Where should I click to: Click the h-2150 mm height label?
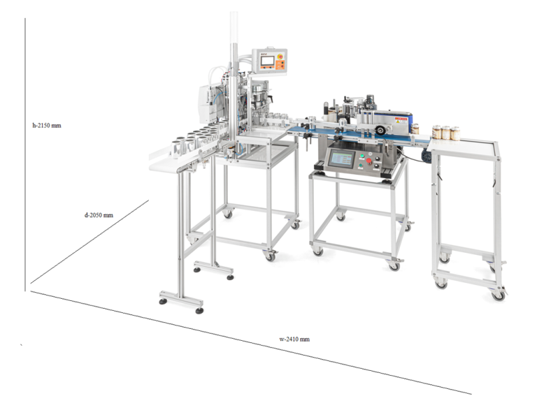(x=47, y=126)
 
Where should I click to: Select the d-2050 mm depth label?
(x=99, y=215)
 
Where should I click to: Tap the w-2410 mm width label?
(x=294, y=339)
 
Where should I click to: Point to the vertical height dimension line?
(x=25, y=154)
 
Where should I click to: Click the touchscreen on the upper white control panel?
(x=267, y=61)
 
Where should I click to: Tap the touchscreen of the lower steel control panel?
(x=341, y=159)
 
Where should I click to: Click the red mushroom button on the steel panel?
(x=369, y=161)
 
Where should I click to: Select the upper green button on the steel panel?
(x=361, y=156)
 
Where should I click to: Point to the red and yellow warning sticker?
(x=401, y=120)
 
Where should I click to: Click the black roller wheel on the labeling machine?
(x=379, y=130)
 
